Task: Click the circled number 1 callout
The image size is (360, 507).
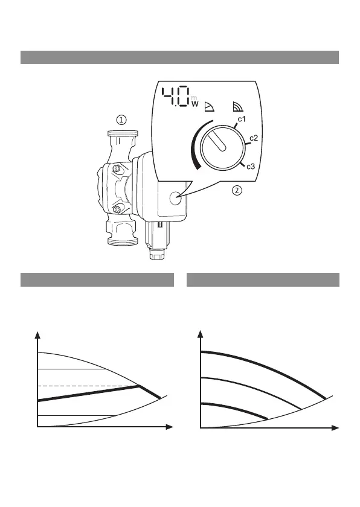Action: pyautogui.click(x=121, y=120)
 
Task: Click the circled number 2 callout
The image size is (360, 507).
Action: pyautogui.click(x=237, y=191)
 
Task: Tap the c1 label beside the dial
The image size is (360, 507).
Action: pyautogui.click(x=242, y=119)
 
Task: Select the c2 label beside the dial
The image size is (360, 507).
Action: pyautogui.click(x=254, y=138)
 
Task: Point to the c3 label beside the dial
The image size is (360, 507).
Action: pyautogui.click(x=251, y=167)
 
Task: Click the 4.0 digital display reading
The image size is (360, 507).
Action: pyautogui.click(x=176, y=96)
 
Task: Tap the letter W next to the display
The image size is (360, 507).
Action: pyautogui.click(x=194, y=104)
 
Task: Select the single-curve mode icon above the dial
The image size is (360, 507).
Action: pyautogui.click(x=209, y=106)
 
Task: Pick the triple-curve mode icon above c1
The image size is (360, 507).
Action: pyautogui.click(x=238, y=106)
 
